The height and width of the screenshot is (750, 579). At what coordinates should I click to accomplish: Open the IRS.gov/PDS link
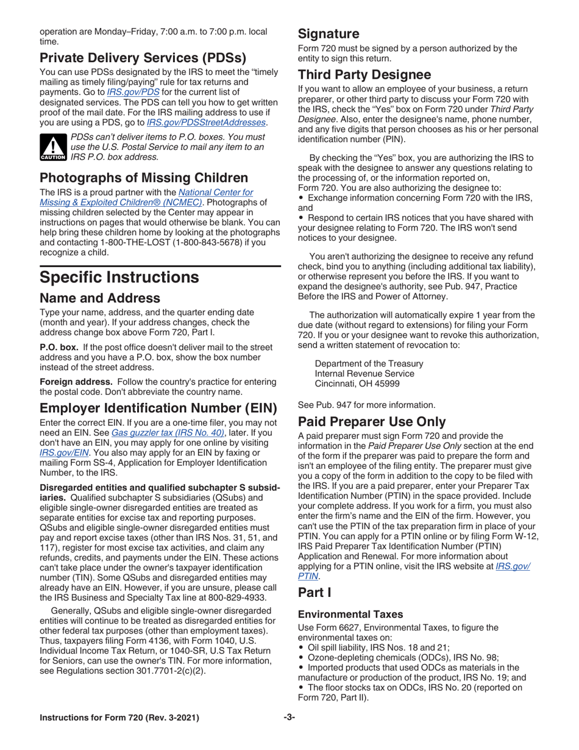click(x=125, y=91)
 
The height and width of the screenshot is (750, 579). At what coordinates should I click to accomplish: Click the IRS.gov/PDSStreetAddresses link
click(x=207, y=123)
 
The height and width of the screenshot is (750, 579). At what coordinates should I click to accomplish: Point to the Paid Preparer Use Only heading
click(x=372, y=421)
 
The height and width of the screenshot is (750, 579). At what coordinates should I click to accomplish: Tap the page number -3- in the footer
click(x=289, y=735)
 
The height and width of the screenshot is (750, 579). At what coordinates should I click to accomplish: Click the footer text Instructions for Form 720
click(x=119, y=735)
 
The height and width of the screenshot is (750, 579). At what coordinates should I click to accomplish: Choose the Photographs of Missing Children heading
click(x=144, y=178)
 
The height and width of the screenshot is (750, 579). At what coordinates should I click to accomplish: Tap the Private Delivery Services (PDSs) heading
click(x=143, y=59)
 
